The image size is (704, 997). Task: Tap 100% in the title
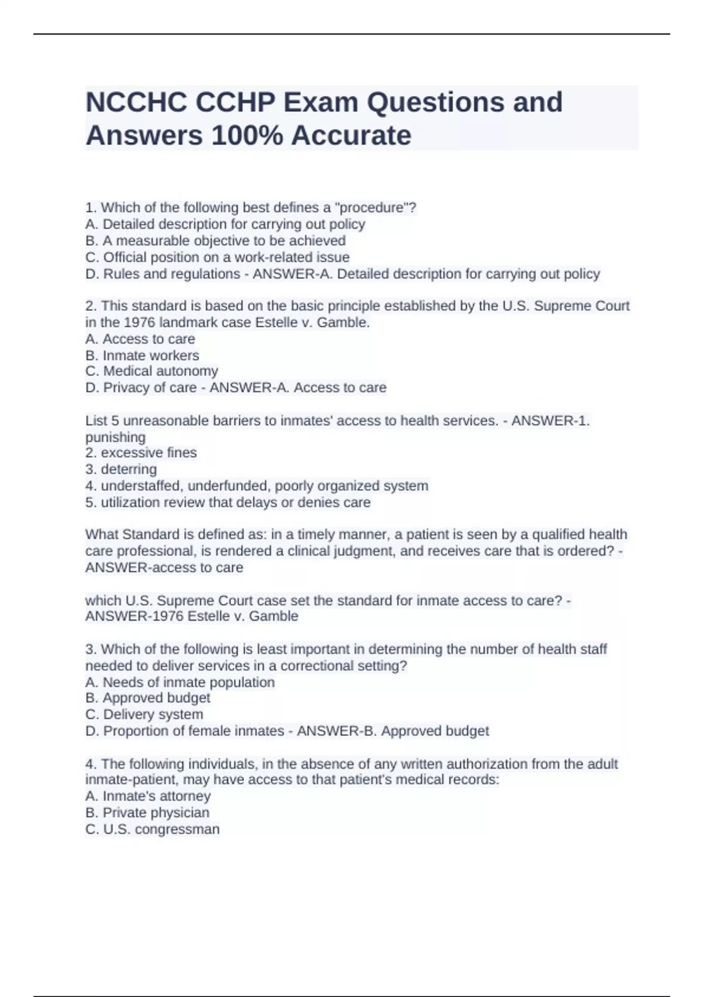point(246,135)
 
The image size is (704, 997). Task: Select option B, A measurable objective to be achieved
point(215,240)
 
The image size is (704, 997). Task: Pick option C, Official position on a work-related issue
point(217,257)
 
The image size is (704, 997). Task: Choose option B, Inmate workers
point(142,355)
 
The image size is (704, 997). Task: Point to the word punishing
point(115,438)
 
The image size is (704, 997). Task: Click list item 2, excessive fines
point(141,453)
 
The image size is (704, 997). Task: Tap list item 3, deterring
point(121,469)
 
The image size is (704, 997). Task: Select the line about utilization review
point(228,503)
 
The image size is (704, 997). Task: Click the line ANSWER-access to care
point(164,568)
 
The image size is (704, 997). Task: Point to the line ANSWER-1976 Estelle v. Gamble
point(192,616)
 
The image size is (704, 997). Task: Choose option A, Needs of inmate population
point(180,683)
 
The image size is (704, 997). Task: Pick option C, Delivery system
point(144,714)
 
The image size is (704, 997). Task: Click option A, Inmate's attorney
point(148,796)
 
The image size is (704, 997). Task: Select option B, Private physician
point(147,813)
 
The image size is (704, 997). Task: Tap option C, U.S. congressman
point(153,829)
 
